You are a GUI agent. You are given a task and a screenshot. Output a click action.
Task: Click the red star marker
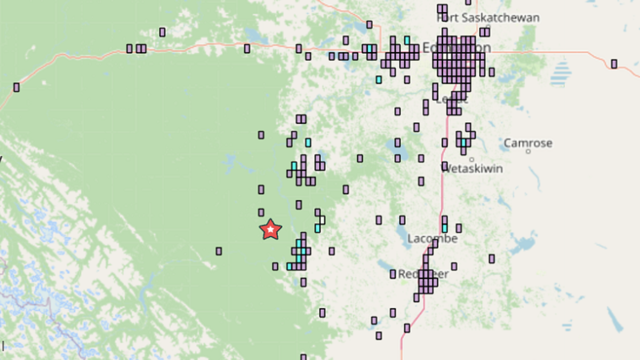coord(270,229)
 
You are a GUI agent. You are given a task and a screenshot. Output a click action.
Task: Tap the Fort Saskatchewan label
coord(488,18)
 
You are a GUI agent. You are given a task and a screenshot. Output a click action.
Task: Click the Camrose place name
coord(528,143)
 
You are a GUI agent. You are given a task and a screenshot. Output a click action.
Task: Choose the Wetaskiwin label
coord(472,169)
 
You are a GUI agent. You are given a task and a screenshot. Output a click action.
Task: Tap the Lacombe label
coord(432,238)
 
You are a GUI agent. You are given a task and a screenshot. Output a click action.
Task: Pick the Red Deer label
coord(423,274)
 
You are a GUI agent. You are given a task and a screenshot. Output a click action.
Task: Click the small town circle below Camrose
coord(528,151)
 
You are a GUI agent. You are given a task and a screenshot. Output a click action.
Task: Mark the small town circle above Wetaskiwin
coord(471,159)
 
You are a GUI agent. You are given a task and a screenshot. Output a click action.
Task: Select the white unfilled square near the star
coord(322,220)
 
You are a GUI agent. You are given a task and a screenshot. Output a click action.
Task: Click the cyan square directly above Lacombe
coord(445,228)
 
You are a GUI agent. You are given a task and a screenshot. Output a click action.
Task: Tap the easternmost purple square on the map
coord(614,64)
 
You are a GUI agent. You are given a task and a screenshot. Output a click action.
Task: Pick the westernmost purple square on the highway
coord(17,87)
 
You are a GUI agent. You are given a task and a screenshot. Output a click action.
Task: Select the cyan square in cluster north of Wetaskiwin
coord(463,143)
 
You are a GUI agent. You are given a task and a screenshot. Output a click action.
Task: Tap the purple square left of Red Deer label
coord(393,274)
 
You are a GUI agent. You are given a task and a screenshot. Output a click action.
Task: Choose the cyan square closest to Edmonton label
coord(407,40)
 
